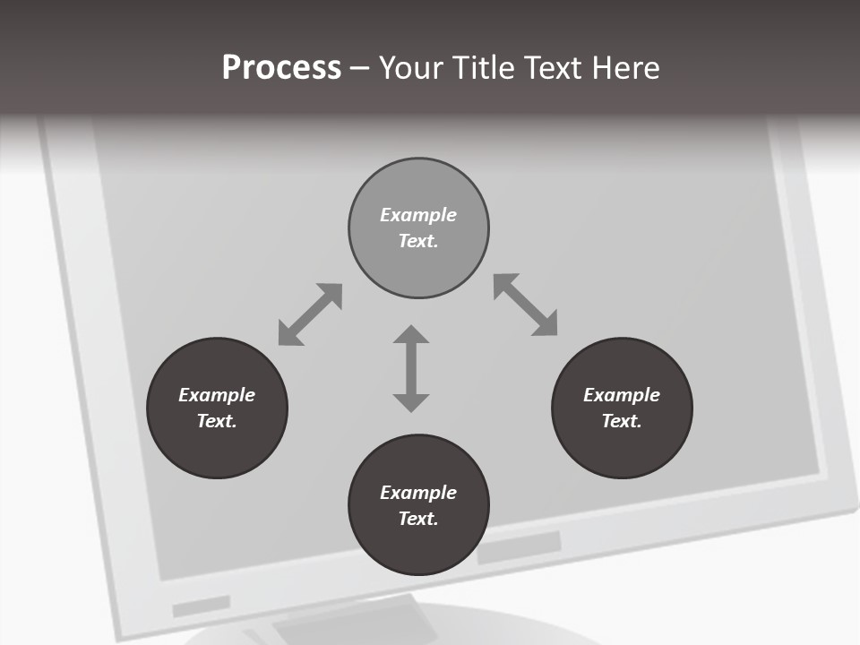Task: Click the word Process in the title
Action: [x=281, y=67]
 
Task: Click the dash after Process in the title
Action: [x=359, y=68]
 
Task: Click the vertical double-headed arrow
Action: [x=411, y=368]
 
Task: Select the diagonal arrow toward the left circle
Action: [x=310, y=314]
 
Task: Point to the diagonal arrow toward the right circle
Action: [x=526, y=305]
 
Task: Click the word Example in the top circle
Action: [x=418, y=215]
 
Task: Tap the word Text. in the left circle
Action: [x=217, y=421]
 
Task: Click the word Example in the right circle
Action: [x=622, y=395]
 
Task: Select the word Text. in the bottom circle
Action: [x=418, y=519]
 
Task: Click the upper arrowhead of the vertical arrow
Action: [x=411, y=335]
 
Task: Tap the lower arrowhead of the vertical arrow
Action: [x=411, y=402]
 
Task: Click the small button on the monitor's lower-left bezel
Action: [x=202, y=606]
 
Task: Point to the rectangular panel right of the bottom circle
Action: [x=520, y=547]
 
